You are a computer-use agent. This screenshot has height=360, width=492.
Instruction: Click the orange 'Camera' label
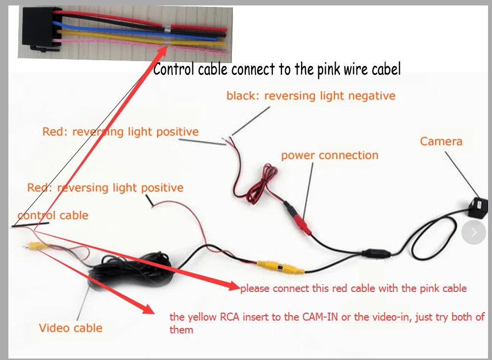click(x=441, y=142)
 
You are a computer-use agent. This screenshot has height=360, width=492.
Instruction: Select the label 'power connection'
click(x=330, y=155)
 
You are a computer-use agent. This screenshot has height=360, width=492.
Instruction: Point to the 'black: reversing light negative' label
click(x=311, y=96)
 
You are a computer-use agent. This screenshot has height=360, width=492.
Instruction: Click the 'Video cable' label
click(x=71, y=328)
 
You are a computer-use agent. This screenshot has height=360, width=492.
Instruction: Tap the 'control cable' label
click(x=53, y=216)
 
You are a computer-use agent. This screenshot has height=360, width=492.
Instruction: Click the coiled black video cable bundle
click(x=131, y=270)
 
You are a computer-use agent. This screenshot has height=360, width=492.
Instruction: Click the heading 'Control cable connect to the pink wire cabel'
click(x=277, y=70)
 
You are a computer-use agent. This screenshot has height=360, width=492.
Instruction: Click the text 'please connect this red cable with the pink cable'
click(x=354, y=288)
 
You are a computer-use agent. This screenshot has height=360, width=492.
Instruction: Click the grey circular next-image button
click(x=474, y=232)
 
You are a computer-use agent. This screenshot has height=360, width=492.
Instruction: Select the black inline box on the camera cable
click(x=377, y=252)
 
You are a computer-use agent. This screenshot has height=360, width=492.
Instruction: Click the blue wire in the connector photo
click(x=135, y=32)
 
